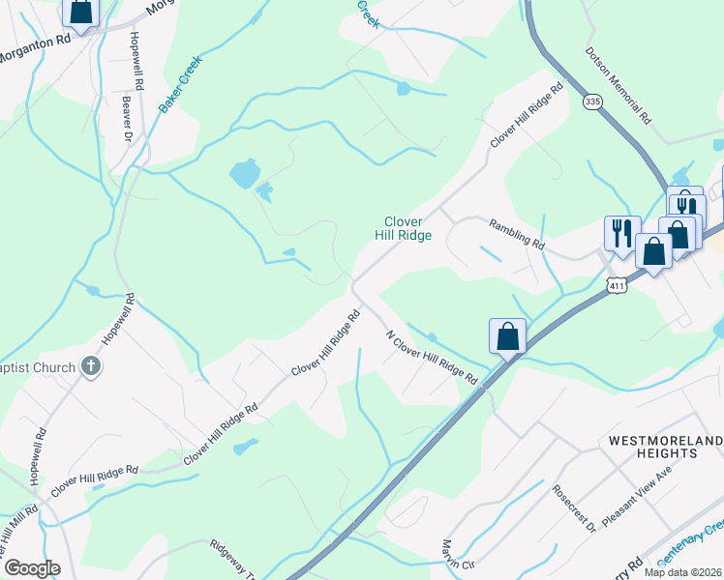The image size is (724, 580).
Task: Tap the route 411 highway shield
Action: [617, 285]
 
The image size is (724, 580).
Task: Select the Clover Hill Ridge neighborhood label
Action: [403, 228]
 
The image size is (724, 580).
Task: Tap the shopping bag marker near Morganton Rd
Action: [81, 13]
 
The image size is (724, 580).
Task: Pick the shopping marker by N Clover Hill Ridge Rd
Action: [507, 337]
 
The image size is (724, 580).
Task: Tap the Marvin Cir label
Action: [459, 560]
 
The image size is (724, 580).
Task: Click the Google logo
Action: [32, 568]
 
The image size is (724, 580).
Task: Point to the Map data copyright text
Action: [682, 572]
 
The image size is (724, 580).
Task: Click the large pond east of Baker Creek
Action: [244, 174]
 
